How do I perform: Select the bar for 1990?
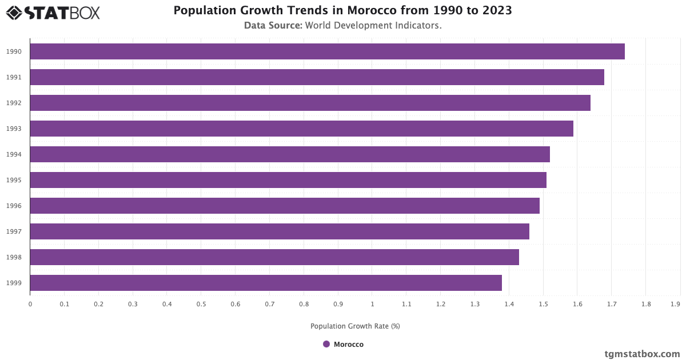click(327, 51)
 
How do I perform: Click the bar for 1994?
click(290, 154)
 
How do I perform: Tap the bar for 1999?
click(266, 283)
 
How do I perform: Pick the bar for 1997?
click(280, 231)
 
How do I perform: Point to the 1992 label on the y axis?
click(14, 103)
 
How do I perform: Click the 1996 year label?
click(14, 206)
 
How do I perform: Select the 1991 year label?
click(14, 77)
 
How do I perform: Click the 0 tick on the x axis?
click(30, 305)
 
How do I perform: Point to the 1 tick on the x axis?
click(372, 305)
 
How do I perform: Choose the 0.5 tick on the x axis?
click(201, 305)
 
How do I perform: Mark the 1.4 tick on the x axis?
click(509, 305)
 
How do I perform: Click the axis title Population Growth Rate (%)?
click(355, 326)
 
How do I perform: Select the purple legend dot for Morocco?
click(326, 344)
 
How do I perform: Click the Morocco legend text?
click(349, 345)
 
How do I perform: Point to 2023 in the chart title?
click(496, 10)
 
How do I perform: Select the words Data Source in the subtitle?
click(273, 26)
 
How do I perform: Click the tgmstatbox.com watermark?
click(642, 354)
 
